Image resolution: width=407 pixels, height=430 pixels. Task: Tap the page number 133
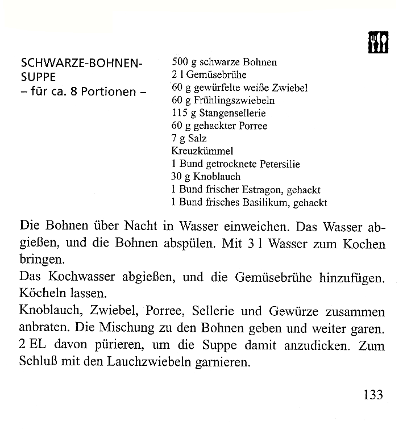click(373, 394)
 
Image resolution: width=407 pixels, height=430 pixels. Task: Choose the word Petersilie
click(280, 164)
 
